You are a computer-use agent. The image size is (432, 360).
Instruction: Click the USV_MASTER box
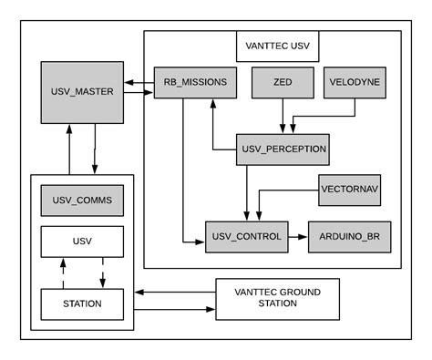[x=81, y=93]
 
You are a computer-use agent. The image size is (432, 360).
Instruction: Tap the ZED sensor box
[x=282, y=82]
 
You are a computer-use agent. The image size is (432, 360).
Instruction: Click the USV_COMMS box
[x=81, y=201]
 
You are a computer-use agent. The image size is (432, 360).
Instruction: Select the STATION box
[x=81, y=303]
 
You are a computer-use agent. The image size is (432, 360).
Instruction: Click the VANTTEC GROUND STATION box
[x=277, y=298]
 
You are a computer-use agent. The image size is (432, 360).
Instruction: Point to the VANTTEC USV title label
[x=277, y=45]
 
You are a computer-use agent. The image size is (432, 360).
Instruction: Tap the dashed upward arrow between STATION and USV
[x=62, y=272]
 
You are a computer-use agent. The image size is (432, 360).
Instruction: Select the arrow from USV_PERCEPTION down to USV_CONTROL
[x=247, y=192]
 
